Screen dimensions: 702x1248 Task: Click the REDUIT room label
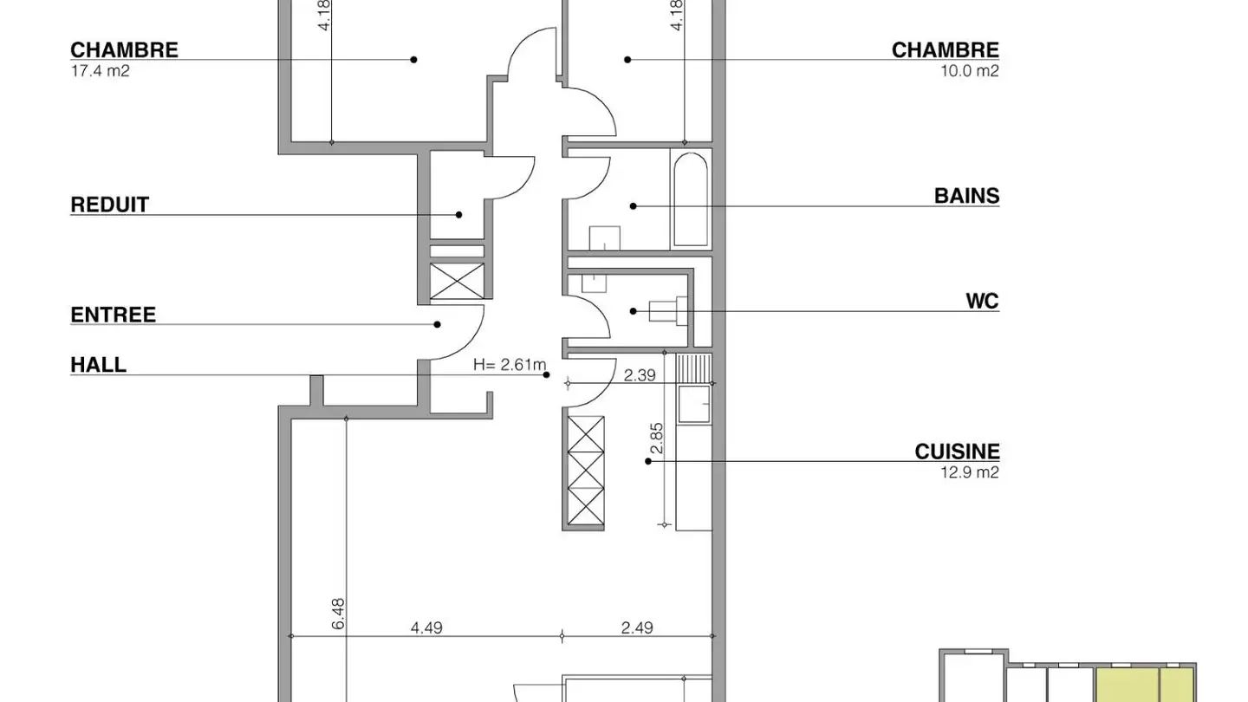tap(109, 205)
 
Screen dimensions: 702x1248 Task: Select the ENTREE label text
tap(113, 315)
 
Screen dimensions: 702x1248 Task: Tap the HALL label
tap(98, 365)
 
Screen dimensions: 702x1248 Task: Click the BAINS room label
tap(966, 196)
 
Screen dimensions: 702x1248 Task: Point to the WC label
tap(982, 302)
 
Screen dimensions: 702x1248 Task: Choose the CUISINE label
tap(957, 452)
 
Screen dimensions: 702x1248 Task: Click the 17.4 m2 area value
tap(100, 71)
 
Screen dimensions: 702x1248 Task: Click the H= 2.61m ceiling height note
tap(510, 365)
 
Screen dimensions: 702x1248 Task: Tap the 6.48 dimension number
tap(338, 613)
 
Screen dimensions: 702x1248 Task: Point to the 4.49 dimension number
tap(426, 627)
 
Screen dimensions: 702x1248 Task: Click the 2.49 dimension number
tap(637, 627)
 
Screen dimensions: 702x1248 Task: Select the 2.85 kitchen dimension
tap(657, 439)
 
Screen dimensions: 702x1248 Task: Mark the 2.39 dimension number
tap(640, 374)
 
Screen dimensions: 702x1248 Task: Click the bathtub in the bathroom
tap(691, 199)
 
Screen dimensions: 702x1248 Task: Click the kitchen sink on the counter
tap(693, 404)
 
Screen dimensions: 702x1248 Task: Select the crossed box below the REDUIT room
tap(457, 281)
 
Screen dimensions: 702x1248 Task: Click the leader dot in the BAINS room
tap(633, 206)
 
